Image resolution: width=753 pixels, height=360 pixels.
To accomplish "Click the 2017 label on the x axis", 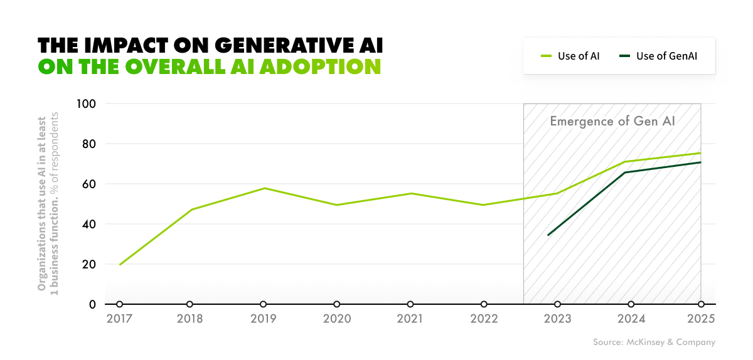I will (119, 319).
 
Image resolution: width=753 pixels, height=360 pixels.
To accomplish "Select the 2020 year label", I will (337, 319).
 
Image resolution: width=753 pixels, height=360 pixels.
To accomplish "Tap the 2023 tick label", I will (558, 319).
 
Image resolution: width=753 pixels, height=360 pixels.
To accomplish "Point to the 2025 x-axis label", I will (701, 319).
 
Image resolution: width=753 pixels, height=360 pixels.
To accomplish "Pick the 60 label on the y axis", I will (89, 184).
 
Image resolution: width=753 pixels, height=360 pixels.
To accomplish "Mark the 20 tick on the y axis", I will (89, 264).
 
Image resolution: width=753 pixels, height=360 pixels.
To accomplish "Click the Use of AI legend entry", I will (570, 56).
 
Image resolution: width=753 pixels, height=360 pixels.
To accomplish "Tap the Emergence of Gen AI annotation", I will (612, 121).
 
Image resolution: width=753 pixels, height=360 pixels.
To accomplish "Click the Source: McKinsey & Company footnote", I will (654, 342).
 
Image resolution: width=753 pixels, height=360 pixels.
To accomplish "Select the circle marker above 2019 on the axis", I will (263, 304).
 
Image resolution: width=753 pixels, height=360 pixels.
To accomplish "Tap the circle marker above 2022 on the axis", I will (484, 304).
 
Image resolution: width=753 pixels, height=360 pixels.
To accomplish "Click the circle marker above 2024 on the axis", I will (631, 304).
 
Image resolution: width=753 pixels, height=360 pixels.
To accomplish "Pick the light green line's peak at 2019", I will (265, 188).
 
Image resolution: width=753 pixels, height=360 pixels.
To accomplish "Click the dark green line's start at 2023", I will (548, 235).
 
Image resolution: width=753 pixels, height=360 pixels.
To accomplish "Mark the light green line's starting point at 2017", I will (119, 265).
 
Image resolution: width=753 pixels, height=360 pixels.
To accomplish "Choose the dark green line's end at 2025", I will (701, 162).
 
